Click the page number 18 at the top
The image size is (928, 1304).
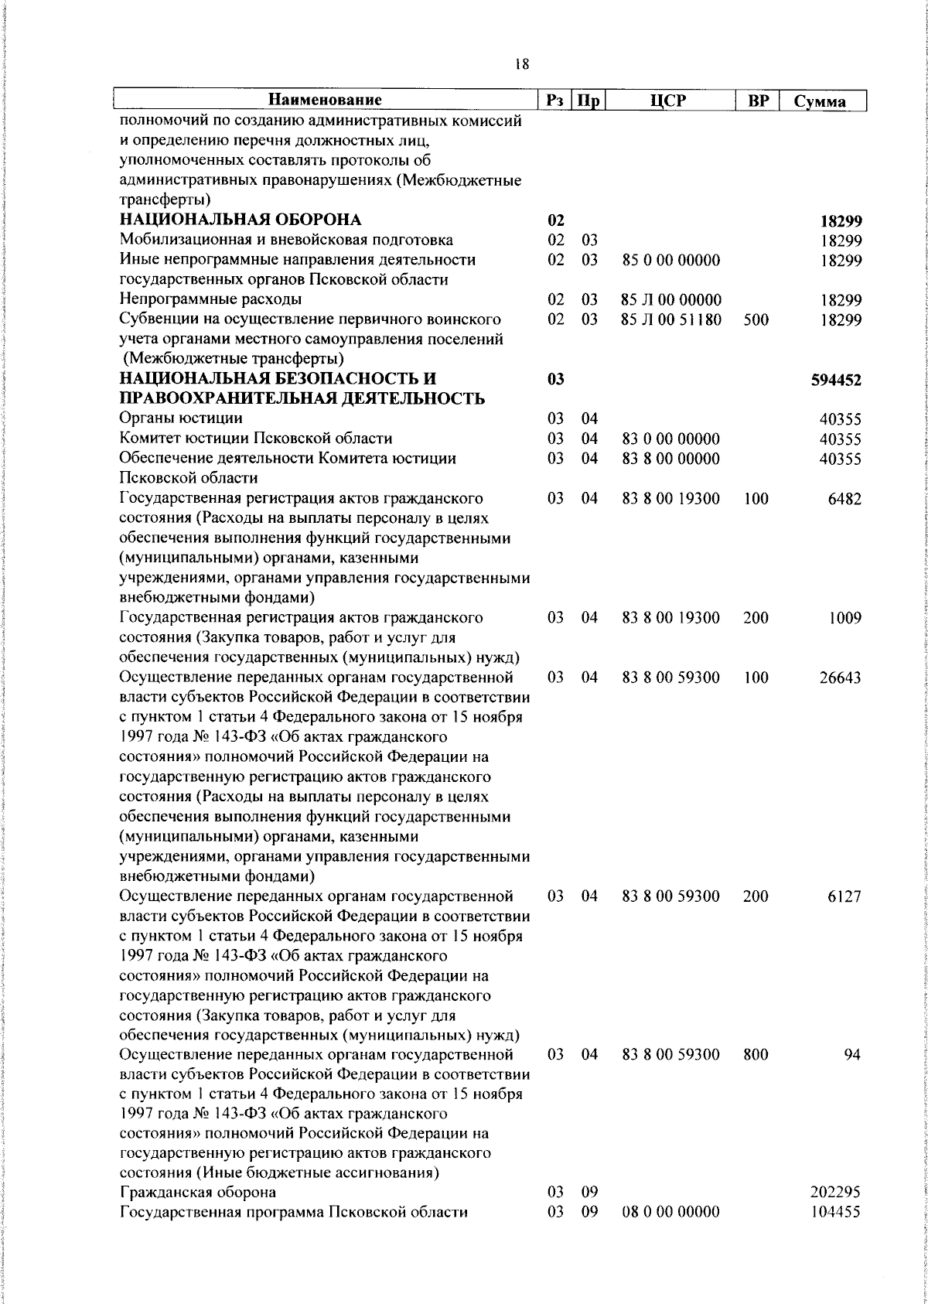(522, 65)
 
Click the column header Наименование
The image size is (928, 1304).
(326, 101)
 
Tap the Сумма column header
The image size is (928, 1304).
(820, 102)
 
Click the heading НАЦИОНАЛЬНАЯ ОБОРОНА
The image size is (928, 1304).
(241, 220)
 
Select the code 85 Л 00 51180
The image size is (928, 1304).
(671, 319)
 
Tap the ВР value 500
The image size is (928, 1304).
(755, 319)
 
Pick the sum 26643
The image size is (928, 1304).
(841, 678)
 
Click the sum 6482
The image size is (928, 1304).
(844, 499)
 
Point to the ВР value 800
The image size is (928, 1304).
(755, 1055)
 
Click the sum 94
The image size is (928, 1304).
(852, 1055)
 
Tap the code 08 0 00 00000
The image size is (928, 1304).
(671, 1234)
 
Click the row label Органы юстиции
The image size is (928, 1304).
(181, 419)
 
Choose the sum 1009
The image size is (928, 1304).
(844, 618)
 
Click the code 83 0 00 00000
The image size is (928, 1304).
(671, 439)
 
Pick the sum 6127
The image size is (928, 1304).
(844, 896)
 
